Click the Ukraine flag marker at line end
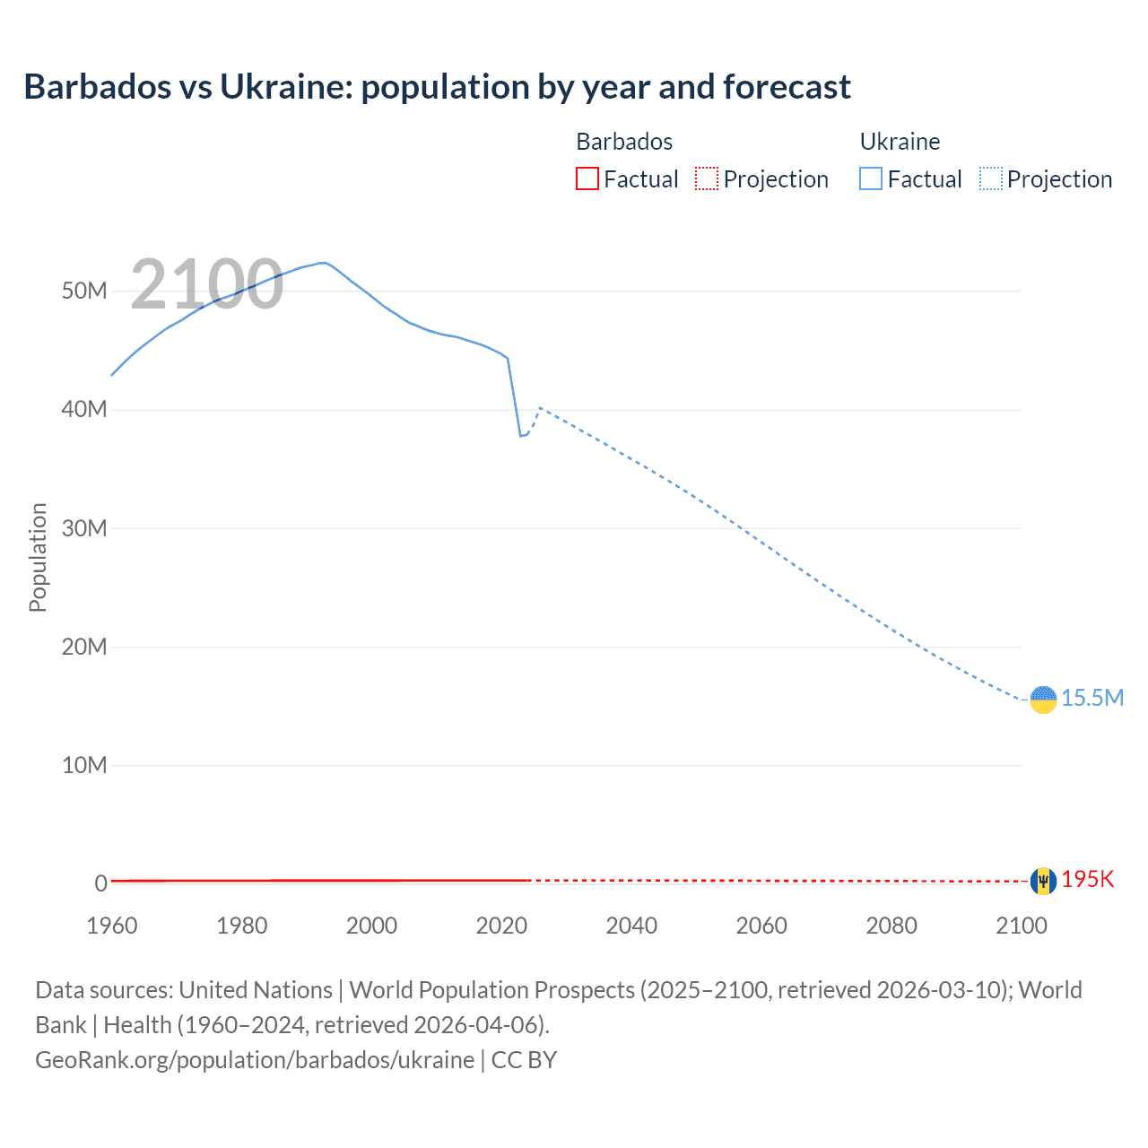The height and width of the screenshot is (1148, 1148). (1043, 699)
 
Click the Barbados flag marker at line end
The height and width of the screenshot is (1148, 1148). (1043, 881)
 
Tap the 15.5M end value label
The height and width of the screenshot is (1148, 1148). (1092, 698)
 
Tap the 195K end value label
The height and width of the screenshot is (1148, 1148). (1088, 879)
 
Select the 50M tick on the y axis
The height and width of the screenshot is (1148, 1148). (84, 291)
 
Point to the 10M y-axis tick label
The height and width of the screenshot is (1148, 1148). (84, 765)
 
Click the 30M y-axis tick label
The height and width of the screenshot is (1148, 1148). (84, 528)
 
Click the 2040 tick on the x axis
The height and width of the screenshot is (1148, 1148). (631, 926)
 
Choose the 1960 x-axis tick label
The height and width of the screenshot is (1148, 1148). (112, 926)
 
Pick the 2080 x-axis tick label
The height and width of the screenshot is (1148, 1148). (891, 926)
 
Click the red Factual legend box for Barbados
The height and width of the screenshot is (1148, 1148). (587, 178)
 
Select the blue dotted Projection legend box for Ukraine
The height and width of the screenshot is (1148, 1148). (991, 178)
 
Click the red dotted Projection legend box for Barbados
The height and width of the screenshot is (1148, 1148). (707, 178)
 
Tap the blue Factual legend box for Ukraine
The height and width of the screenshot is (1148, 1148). (871, 178)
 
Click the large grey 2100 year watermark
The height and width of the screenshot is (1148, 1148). (207, 284)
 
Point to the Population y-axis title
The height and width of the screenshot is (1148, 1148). (38, 557)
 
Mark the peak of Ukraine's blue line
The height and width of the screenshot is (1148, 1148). (323, 263)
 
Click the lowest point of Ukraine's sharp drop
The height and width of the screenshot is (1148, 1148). (520, 436)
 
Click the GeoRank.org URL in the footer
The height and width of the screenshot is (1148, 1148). (255, 1059)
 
